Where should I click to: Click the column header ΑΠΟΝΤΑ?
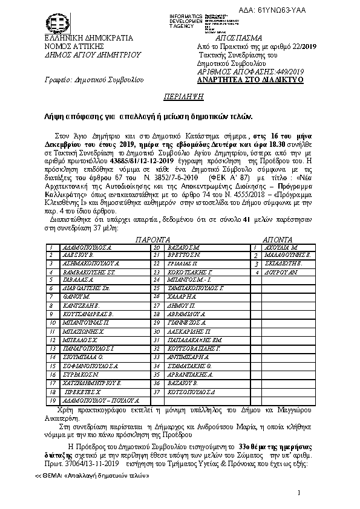(278, 239)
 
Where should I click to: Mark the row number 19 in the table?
(52, 400)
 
